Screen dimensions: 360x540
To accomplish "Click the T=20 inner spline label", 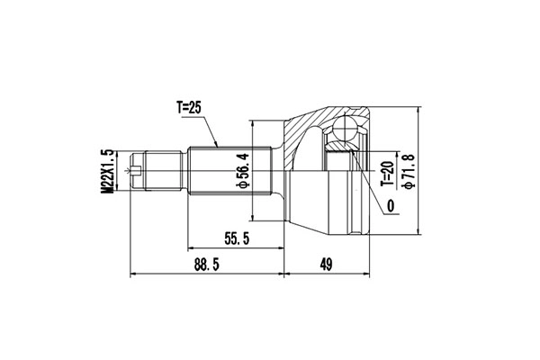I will coord(386,171).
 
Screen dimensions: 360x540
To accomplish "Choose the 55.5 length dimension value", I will coord(237,238).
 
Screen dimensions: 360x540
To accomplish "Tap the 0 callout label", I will coord(391,207).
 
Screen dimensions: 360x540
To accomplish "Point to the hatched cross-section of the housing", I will coord(301,126).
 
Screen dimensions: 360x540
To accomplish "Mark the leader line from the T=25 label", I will coord(209,130).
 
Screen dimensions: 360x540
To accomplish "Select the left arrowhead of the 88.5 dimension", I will coord(134,274).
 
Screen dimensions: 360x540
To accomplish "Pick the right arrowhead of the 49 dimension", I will coord(366,274).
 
